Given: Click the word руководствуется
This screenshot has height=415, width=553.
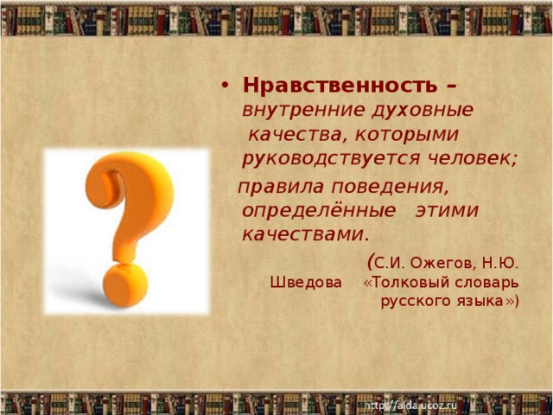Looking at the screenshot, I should point(332,159).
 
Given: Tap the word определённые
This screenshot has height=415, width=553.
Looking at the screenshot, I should point(318,211).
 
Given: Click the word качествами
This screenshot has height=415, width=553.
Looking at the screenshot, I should point(304,234).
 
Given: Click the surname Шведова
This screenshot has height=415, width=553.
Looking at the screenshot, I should point(305,282).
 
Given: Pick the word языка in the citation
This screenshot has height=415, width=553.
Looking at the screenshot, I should point(480,301).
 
